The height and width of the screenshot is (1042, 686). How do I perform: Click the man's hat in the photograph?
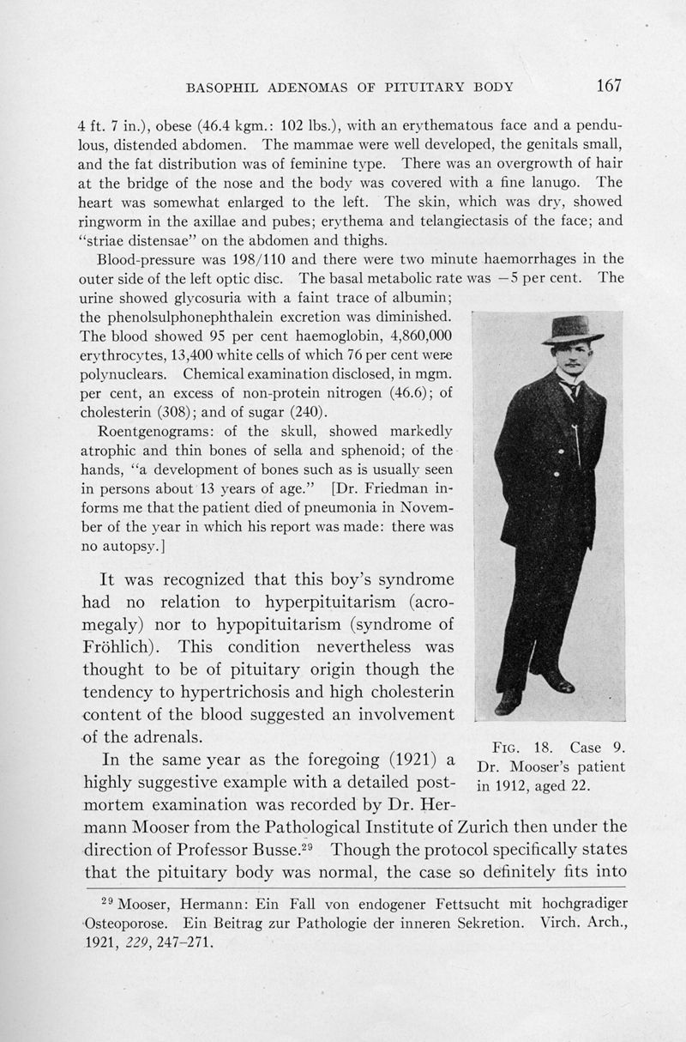point(572,328)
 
